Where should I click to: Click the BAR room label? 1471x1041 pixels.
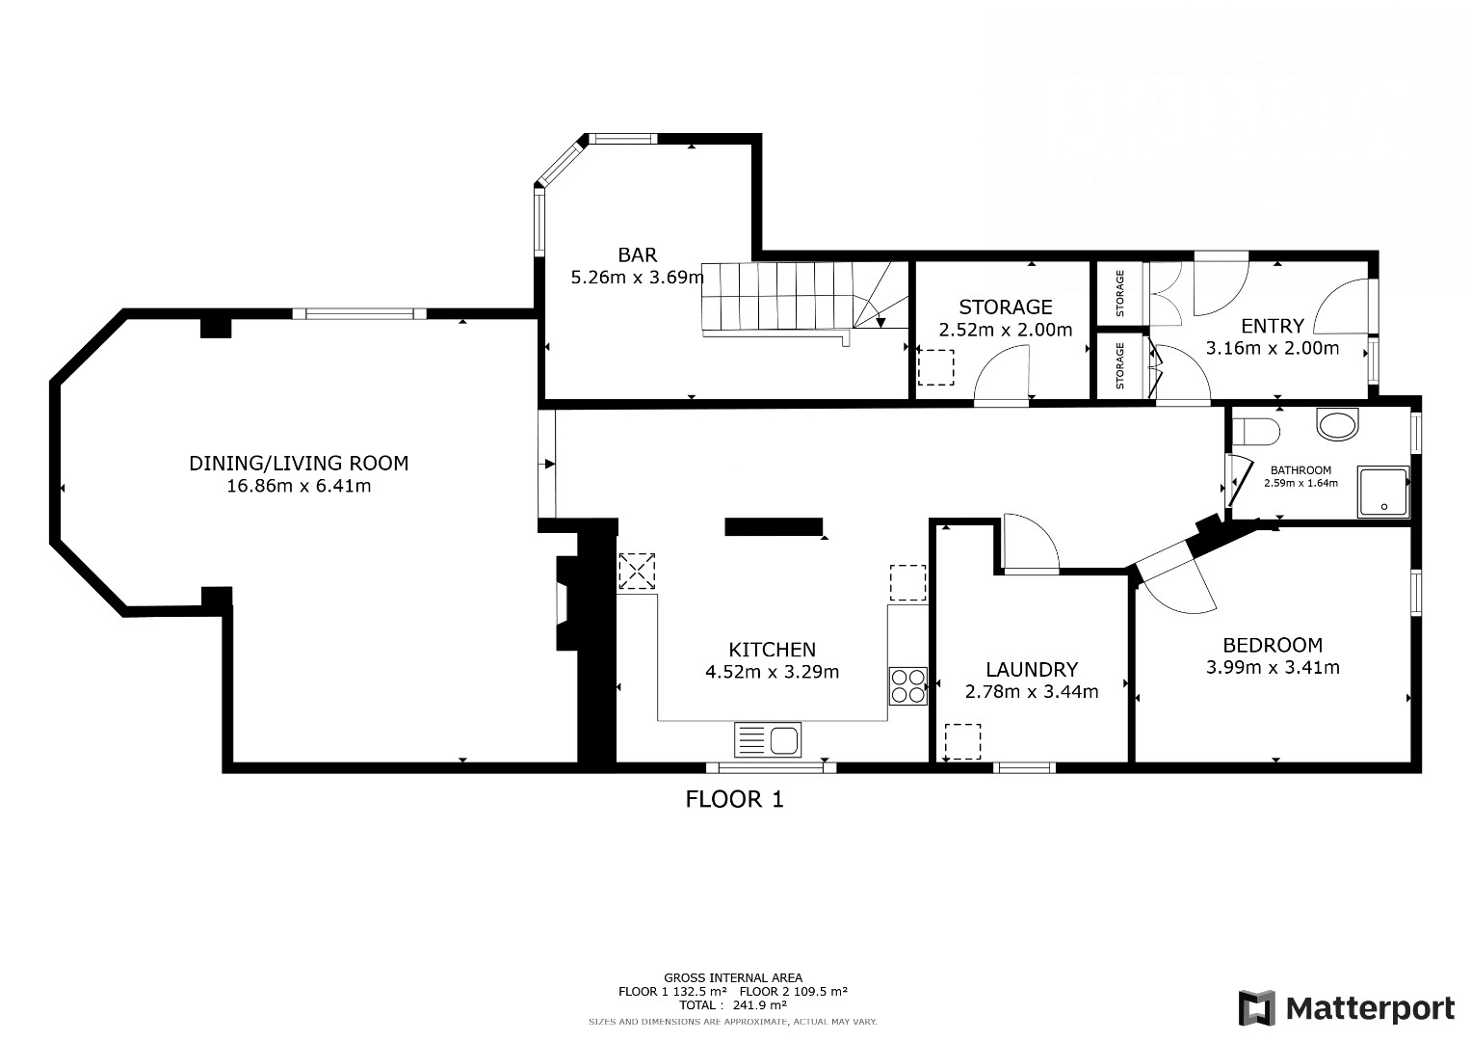637,254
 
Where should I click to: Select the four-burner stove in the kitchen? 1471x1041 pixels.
908,686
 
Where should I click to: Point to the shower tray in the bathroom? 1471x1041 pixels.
1383,492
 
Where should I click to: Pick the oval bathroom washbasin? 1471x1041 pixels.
1337,424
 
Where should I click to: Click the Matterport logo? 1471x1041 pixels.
1346,1008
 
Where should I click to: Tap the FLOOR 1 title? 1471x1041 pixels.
734,799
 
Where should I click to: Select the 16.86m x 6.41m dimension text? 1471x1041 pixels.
299,486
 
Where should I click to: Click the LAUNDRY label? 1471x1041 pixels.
1032,669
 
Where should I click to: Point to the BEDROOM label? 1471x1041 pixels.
1273,645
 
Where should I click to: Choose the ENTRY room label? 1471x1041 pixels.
1273,326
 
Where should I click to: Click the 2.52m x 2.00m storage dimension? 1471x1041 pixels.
1006,330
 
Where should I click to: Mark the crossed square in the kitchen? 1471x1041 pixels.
637,571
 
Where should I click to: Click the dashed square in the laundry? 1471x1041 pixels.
962,741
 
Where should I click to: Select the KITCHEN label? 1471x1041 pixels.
773,650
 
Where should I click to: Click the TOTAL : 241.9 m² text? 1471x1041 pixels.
733,1004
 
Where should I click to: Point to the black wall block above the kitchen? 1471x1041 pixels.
774,526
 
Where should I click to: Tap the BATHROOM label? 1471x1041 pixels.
1300,470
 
